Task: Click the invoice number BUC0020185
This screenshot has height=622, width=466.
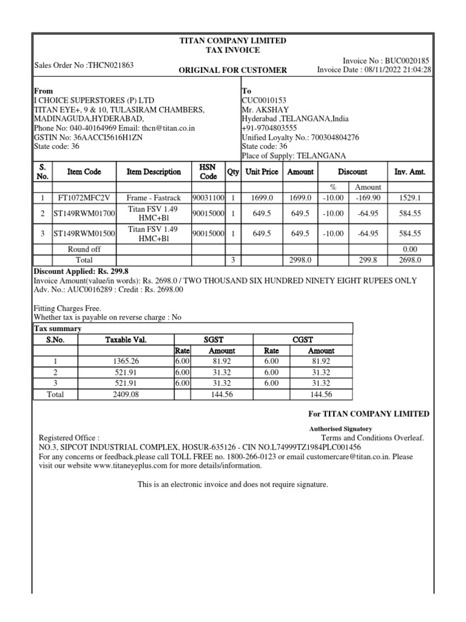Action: (407, 61)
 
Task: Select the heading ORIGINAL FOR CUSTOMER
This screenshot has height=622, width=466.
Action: (232, 70)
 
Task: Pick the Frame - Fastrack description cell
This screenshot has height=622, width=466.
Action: (154, 198)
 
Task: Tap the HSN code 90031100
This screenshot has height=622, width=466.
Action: (209, 198)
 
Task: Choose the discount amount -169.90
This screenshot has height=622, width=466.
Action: (368, 198)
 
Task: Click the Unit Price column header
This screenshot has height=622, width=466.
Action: (262, 172)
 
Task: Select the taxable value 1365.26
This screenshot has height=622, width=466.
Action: (126, 361)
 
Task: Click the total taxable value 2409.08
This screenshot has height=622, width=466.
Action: (126, 394)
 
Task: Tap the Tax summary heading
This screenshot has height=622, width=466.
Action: (56, 329)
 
